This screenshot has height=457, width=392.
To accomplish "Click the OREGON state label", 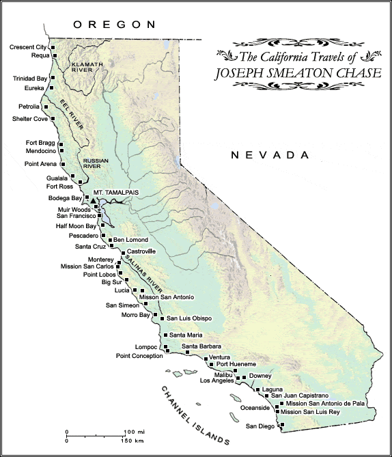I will [x=115, y=24].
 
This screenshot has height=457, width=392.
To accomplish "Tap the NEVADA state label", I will [x=271, y=155].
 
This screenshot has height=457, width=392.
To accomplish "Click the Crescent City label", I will [x=29, y=47].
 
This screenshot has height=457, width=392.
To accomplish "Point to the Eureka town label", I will [x=33, y=88].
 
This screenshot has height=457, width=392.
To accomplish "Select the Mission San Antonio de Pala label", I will [x=317, y=404].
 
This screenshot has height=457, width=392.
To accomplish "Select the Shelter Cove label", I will [x=30, y=118].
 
